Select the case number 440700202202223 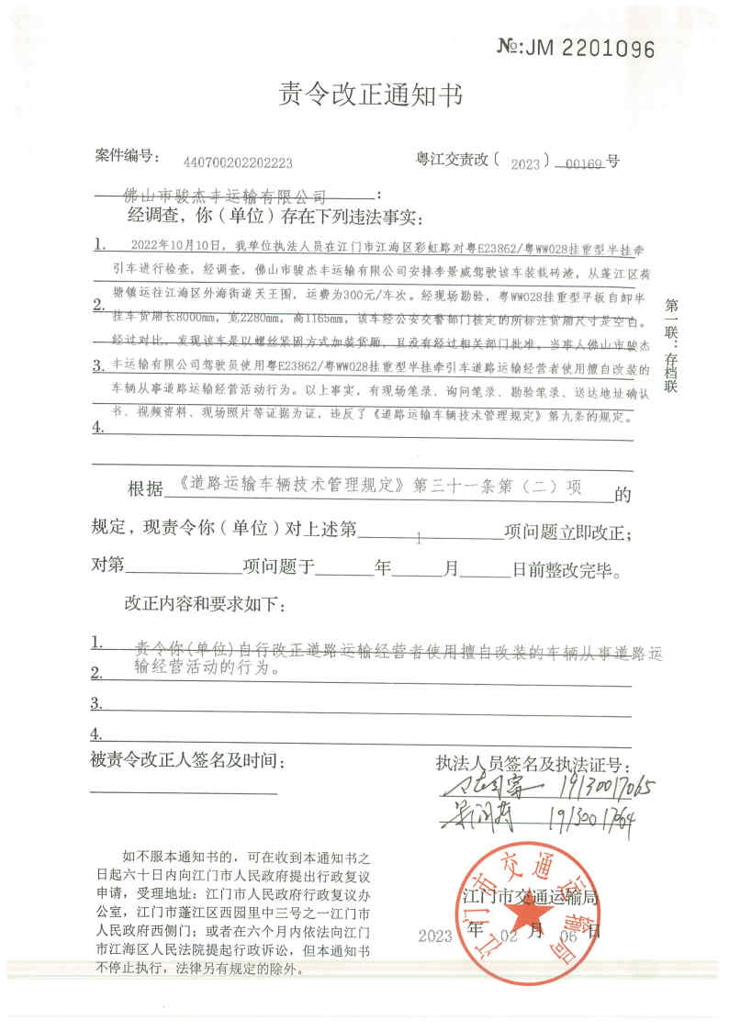click(238, 162)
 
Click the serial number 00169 click(584, 162)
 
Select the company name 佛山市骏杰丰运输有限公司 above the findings click(225, 196)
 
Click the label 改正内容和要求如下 click(205, 607)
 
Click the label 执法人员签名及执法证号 click(533, 764)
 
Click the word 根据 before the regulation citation click(144, 487)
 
